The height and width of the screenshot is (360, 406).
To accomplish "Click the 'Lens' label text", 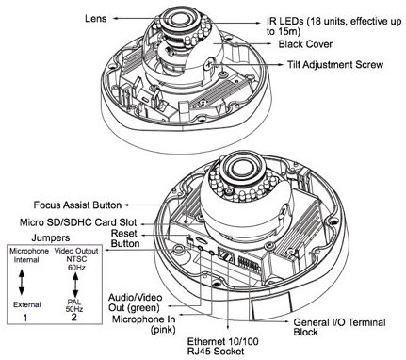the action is [96, 18].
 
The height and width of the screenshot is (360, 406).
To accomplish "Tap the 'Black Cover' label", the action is [305, 44].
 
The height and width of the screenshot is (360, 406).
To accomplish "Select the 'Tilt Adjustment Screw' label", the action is [335, 65].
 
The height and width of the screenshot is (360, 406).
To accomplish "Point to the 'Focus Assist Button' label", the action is [77, 205].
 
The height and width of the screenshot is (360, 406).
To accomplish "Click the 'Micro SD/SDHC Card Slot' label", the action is [78, 222].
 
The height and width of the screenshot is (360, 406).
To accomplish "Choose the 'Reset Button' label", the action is [125, 238].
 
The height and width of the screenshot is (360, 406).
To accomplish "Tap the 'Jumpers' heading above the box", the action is [51, 237].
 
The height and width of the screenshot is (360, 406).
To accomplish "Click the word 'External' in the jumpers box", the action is [27, 304].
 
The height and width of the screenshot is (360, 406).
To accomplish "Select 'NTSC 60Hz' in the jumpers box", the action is [76, 264].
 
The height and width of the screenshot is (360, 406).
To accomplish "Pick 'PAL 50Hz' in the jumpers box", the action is [74, 305].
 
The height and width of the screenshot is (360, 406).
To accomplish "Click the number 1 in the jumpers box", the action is [25, 318].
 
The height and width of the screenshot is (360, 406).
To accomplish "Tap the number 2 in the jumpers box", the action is [73, 317].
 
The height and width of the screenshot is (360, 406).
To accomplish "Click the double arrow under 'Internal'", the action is [22, 283].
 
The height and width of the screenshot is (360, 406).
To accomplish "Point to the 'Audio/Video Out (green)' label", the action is [136, 303].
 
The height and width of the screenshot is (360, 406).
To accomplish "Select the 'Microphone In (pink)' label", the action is [144, 324].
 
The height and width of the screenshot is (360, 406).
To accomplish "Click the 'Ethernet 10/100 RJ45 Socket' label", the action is [223, 346].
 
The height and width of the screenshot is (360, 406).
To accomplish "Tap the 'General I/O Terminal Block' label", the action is [339, 327].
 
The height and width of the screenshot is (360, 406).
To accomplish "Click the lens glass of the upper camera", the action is [180, 19].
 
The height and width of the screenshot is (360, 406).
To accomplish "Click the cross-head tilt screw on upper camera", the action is [208, 64].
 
